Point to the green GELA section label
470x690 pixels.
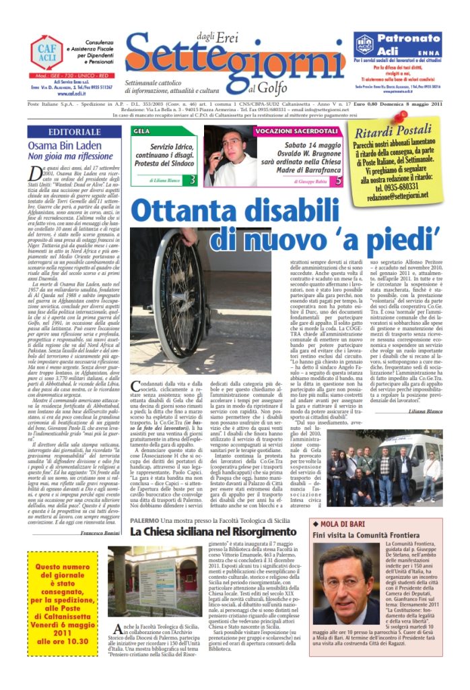[142, 131]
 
